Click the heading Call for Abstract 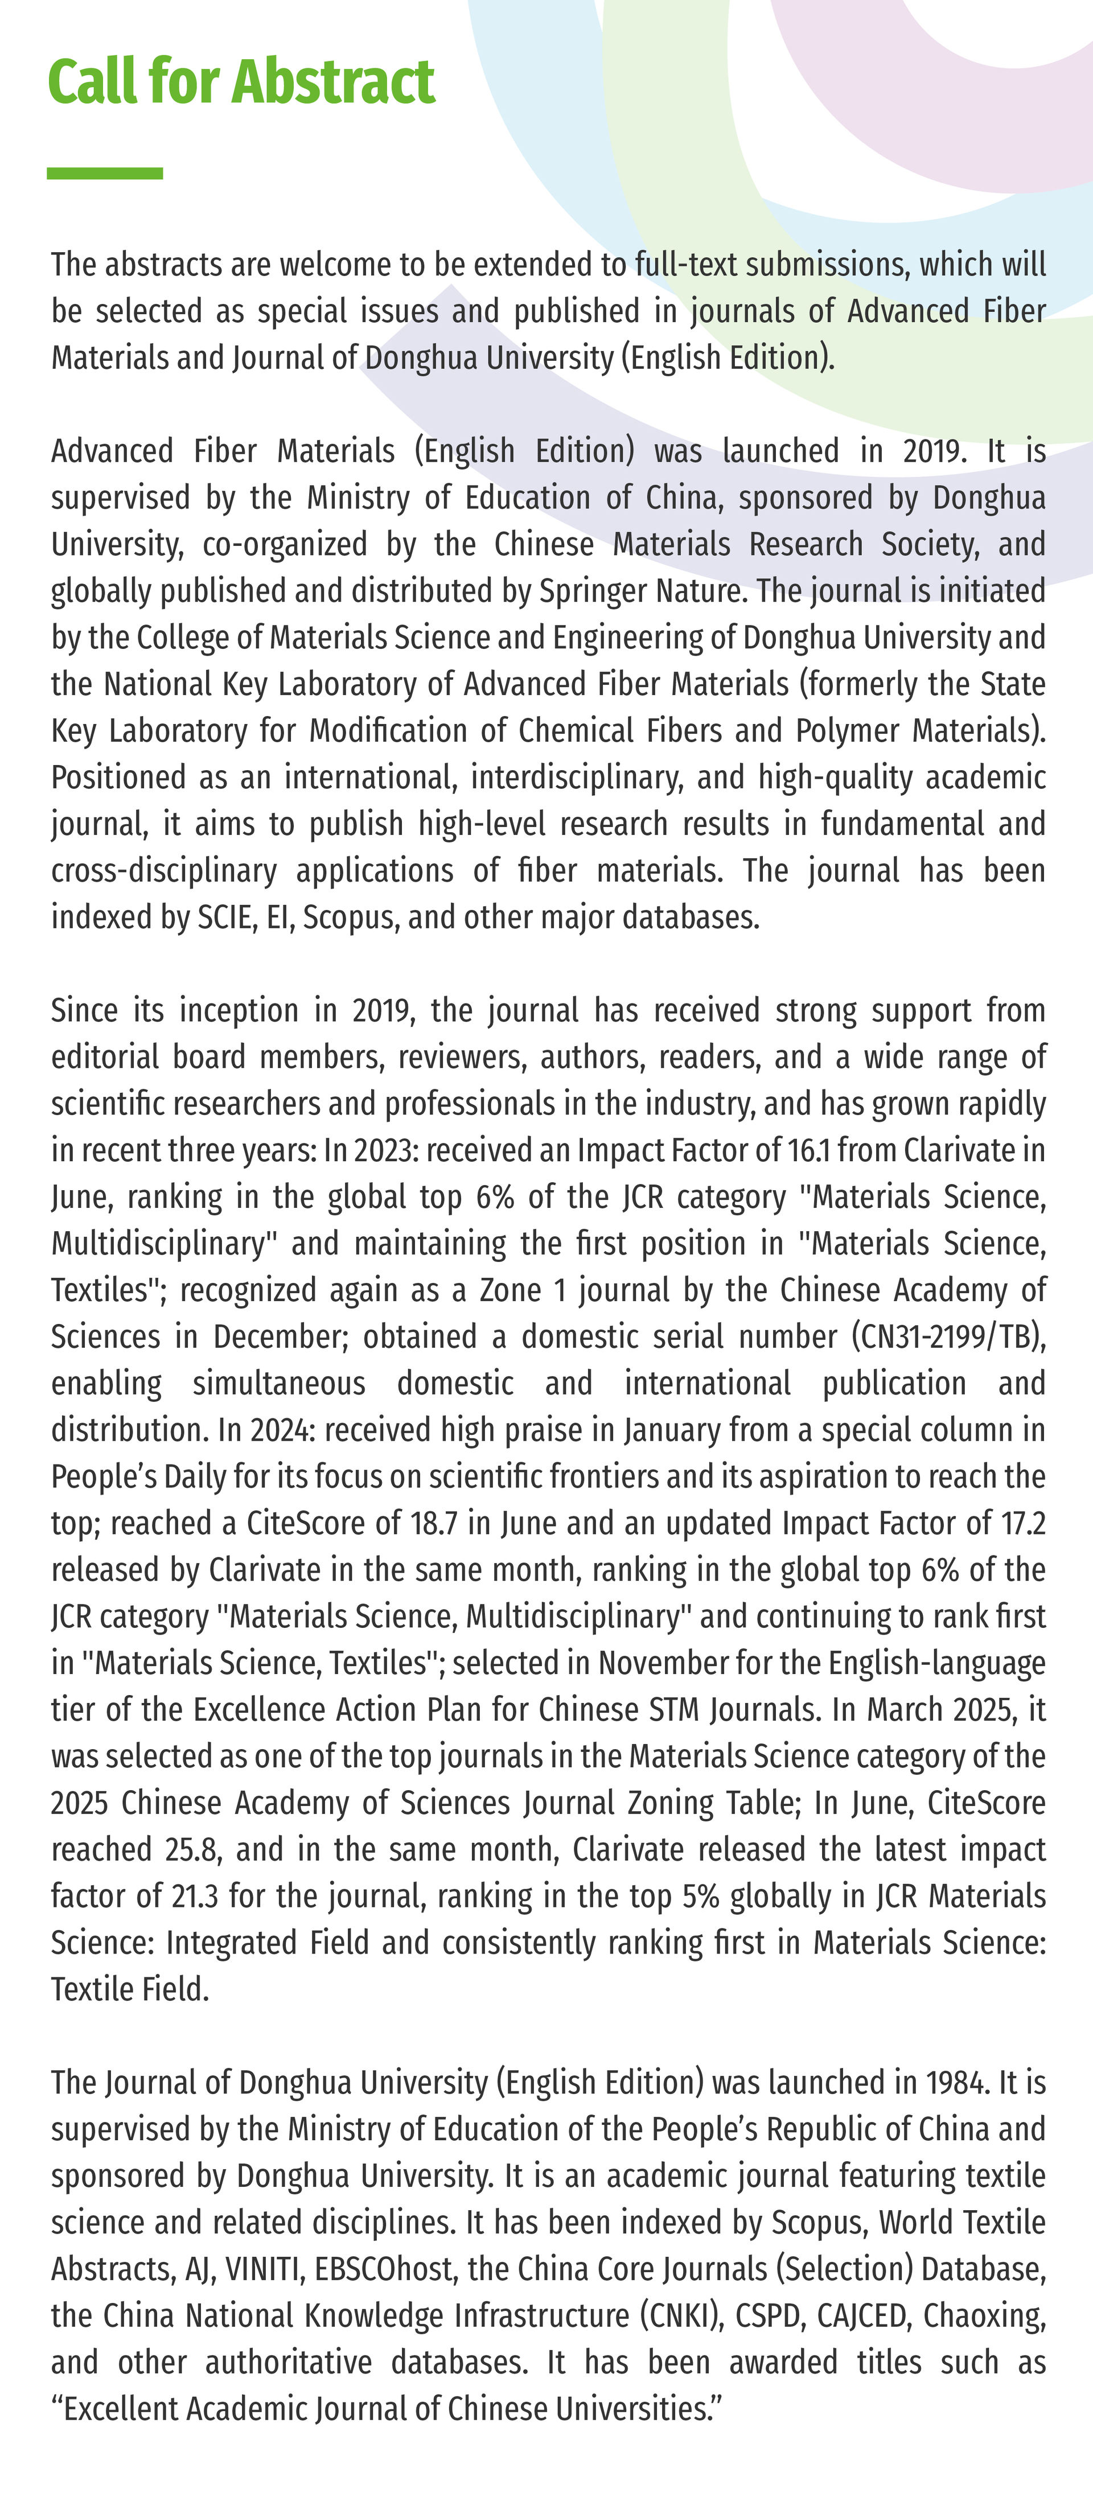(x=241, y=82)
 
